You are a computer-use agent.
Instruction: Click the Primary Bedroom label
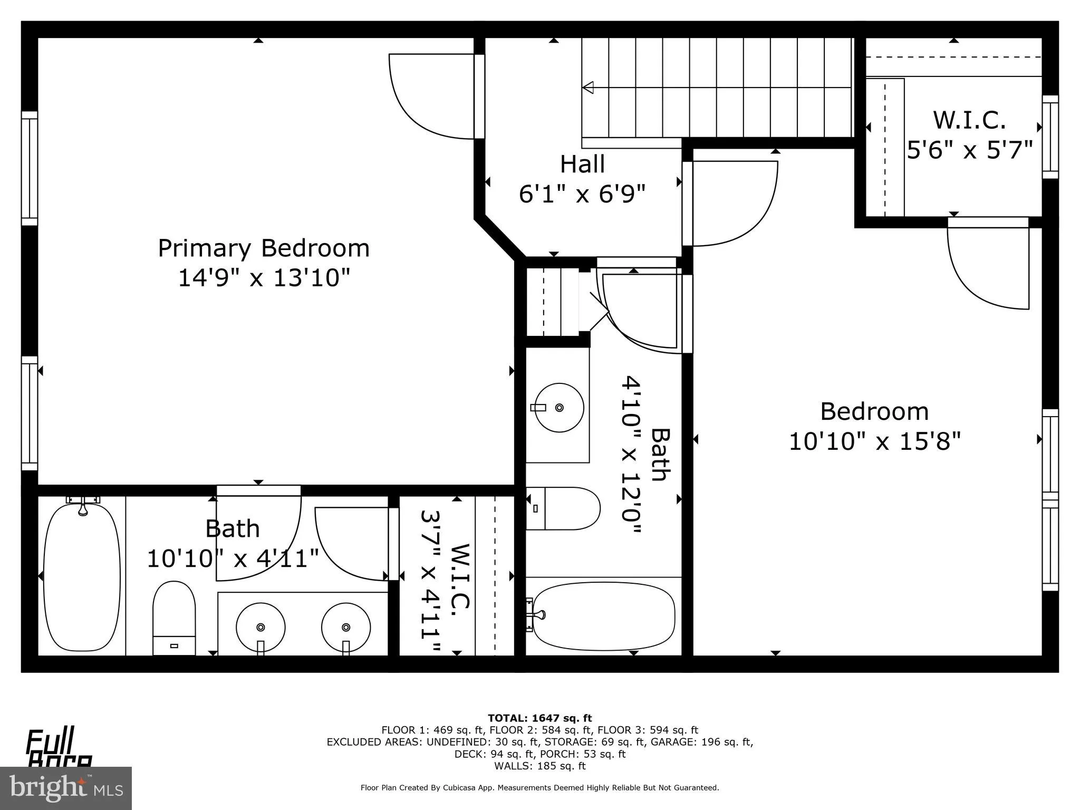[x=264, y=248]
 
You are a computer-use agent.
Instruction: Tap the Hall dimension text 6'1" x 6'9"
[x=582, y=194]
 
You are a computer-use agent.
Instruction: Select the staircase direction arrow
[x=588, y=88]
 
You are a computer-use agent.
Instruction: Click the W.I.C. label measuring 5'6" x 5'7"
[x=969, y=120]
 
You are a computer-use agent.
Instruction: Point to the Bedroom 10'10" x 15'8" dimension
[x=874, y=441]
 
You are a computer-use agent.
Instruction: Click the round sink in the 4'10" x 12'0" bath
[x=559, y=408]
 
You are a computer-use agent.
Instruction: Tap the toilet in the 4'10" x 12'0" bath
[x=564, y=508]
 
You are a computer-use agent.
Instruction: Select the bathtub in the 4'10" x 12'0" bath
[x=604, y=615]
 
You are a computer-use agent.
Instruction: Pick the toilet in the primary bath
[x=174, y=617]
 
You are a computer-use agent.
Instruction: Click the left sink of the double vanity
[x=261, y=628]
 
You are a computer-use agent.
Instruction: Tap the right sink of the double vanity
[x=346, y=628]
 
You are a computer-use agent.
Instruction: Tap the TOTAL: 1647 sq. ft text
[x=539, y=718]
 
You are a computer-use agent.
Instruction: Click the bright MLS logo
[x=66, y=788]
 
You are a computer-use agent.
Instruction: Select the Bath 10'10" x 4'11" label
[x=233, y=543]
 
